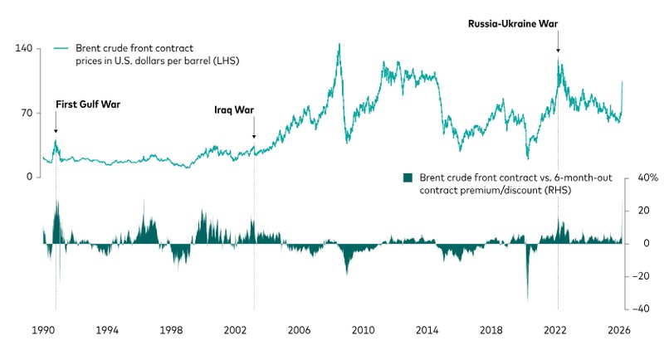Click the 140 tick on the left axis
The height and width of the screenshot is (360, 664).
[23, 49]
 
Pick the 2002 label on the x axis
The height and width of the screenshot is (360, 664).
[236, 330]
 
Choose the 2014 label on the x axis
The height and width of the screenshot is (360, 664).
[427, 330]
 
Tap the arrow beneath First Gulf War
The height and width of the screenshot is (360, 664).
[56, 124]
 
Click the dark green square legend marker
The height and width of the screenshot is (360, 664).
[407, 178]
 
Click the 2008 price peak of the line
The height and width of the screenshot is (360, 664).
[339, 44]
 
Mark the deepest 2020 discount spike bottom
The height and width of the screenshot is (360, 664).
[527, 300]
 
